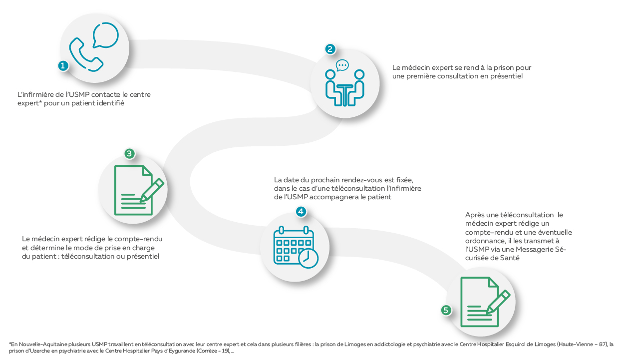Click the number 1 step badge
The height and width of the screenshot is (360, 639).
[63, 66]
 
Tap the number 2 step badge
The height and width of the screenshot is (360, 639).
[330, 49]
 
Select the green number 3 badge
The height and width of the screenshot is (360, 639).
[129, 154]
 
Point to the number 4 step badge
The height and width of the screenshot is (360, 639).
[301, 212]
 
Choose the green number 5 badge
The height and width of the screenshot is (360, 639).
[446, 310]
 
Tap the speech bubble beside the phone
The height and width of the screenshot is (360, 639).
[105, 35]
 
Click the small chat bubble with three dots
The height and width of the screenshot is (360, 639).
[342, 65]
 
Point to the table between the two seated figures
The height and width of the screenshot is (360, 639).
[344, 95]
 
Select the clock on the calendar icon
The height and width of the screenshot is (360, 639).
[308, 259]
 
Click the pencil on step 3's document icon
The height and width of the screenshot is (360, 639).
[152, 190]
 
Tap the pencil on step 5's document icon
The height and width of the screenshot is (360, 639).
[498, 302]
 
